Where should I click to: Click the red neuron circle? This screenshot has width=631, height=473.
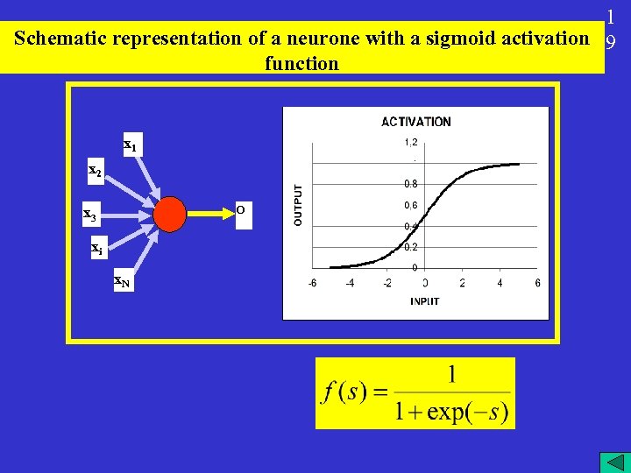tap(171, 213)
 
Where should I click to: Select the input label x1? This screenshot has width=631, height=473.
tap(129, 145)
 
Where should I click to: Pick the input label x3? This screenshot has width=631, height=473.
tap(89, 214)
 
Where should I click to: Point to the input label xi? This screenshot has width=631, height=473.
tap(97, 249)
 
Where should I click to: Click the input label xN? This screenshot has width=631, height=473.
tap(122, 281)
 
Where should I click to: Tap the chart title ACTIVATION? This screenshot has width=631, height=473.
tap(416, 122)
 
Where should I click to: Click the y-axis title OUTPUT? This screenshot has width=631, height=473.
tap(298, 205)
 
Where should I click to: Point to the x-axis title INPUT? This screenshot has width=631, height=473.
tap(424, 301)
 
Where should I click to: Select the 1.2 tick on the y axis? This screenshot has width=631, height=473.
tap(410, 142)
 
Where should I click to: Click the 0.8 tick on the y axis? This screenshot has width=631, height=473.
tap(410, 184)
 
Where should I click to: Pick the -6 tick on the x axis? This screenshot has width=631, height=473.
tap(313, 283)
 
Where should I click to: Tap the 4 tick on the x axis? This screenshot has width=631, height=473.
tap(500, 283)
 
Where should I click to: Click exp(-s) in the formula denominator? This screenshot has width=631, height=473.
tap(467, 412)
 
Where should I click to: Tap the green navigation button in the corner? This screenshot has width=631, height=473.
tap(611, 462)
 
